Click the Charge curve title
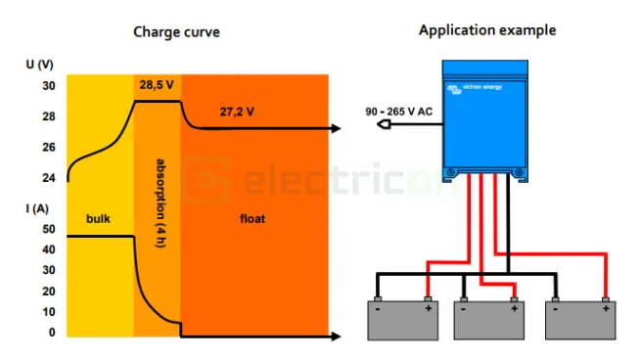tap(176, 32)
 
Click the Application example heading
tap(487, 30)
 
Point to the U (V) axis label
tap(40, 65)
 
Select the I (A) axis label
tap(36, 207)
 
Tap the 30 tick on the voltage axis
tap(48, 86)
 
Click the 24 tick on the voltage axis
tap(48, 178)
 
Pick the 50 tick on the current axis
tap(49, 229)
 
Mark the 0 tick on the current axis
tap(53, 333)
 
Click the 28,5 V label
tap(157, 85)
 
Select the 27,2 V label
tap(237, 112)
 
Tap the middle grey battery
tap(487, 319)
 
